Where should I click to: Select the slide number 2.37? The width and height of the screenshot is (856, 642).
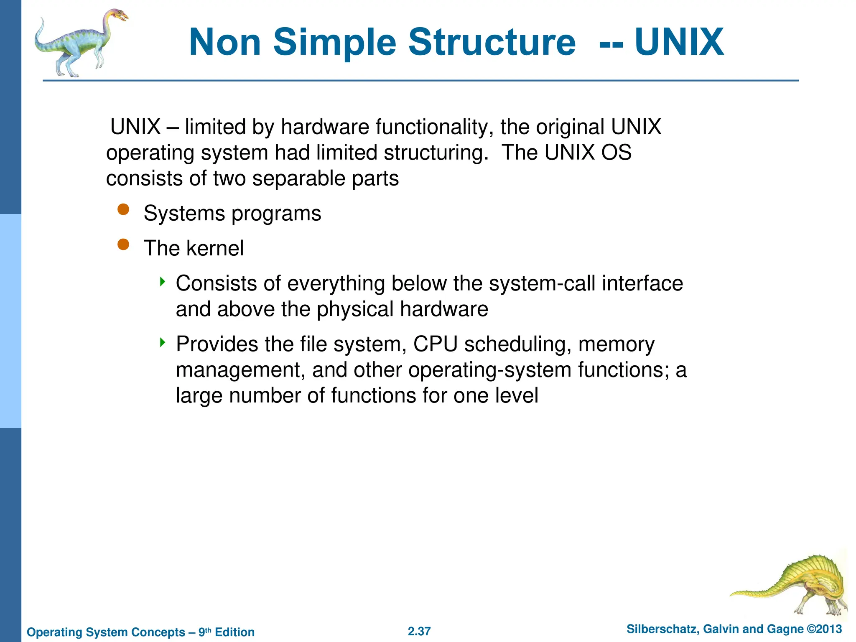[419, 631]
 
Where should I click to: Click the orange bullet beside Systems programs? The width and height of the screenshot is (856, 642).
[123, 209]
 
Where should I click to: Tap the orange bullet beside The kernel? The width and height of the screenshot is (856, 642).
[123, 244]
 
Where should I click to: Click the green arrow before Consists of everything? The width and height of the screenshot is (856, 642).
[163, 281]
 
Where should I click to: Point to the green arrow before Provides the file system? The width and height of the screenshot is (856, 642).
[163, 343]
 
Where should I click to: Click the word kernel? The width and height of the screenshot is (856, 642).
[215, 248]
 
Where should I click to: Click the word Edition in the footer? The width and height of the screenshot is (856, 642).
[234, 632]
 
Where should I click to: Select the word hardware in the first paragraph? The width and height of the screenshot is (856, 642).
[325, 127]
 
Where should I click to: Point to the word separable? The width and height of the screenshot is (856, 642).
[298, 179]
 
